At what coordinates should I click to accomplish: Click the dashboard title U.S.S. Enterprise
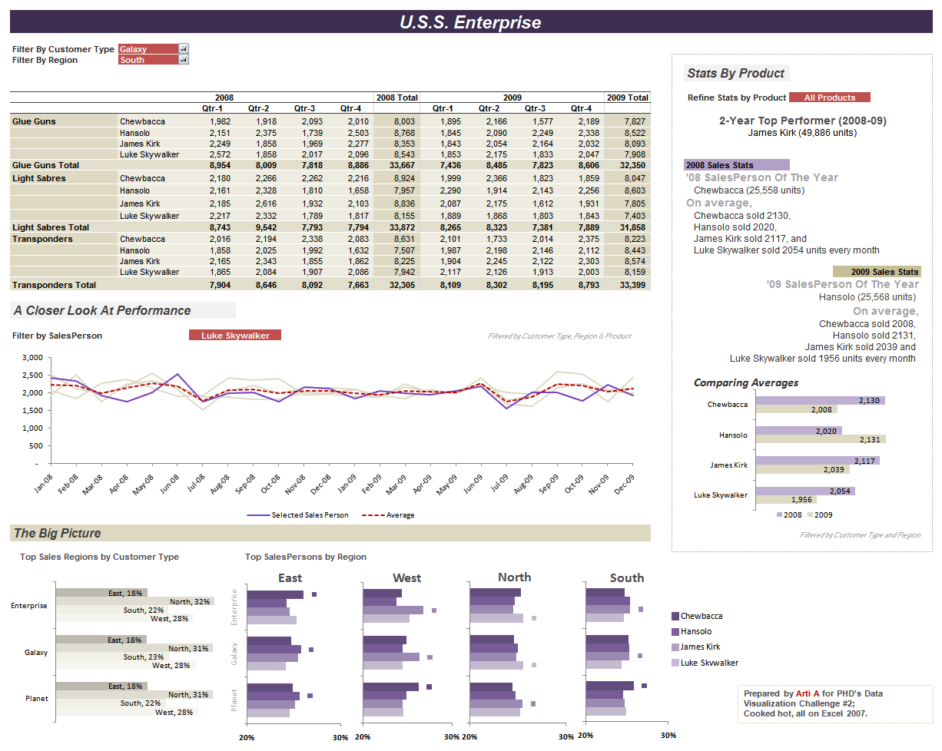(x=470, y=22)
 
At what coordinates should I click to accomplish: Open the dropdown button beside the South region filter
(x=184, y=60)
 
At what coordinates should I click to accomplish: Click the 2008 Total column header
(x=396, y=98)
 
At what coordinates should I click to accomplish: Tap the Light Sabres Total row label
(x=51, y=227)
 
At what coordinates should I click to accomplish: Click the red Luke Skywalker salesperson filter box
(x=235, y=336)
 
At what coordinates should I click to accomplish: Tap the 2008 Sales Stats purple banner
(x=736, y=165)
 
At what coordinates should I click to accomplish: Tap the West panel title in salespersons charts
(x=406, y=577)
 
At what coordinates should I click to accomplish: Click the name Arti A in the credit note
(x=808, y=693)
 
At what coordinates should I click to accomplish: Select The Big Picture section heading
(x=58, y=533)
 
